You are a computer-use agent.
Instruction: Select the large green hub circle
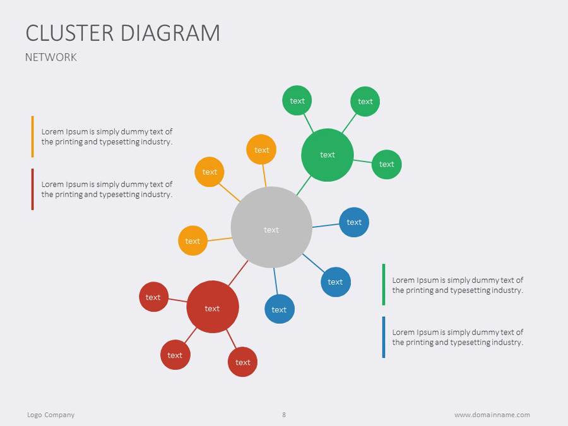tap(327, 155)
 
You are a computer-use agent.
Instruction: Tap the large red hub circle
tap(213, 307)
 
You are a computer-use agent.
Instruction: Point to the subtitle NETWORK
tap(51, 57)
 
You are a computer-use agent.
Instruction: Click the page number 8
tap(284, 415)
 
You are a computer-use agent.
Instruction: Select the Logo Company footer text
tap(51, 415)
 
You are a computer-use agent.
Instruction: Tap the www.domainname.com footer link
tap(492, 415)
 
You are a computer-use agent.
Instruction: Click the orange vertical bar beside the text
tap(32, 136)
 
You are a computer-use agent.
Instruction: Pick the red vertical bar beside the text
tap(32, 189)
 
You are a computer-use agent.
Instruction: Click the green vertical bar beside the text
tap(383, 285)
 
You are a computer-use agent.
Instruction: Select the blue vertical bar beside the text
tap(383, 337)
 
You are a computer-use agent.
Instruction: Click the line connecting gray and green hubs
tap(304, 185)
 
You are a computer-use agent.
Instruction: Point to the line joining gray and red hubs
tap(238, 272)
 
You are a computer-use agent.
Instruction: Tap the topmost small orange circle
tap(261, 150)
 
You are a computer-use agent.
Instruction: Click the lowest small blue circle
tap(279, 309)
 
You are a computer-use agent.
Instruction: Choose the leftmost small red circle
tap(153, 297)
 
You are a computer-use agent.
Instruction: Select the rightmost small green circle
tap(386, 164)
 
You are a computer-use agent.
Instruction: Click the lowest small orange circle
tap(192, 240)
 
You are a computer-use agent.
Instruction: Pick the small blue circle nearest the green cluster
tap(354, 222)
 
